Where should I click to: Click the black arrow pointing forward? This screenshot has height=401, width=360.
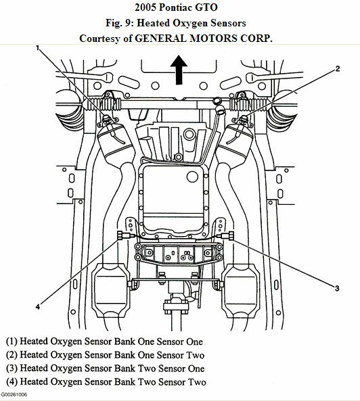click(x=179, y=70)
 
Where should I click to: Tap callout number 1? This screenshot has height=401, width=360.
click(x=38, y=48)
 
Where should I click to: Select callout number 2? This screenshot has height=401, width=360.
click(x=338, y=68)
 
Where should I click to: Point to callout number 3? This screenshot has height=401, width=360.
click(x=337, y=288)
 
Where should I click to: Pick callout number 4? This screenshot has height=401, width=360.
click(x=38, y=306)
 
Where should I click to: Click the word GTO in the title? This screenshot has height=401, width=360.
click(x=207, y=7)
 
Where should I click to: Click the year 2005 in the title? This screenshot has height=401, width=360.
click(x=145, y=7)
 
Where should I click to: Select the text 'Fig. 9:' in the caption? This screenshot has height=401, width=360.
click(x=120, y=23)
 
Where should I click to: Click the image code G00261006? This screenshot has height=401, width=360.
click(x=14, y=395)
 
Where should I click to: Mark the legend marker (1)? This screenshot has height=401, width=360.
click(x=12, y=341)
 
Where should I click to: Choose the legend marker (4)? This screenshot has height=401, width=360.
click(x=12, y=381)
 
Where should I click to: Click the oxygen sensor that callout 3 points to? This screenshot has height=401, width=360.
click(x=227, y=235)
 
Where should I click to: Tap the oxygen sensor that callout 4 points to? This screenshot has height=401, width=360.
click(x=124, y=235)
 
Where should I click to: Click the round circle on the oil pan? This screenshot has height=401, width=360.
click(x=192, y=176)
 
